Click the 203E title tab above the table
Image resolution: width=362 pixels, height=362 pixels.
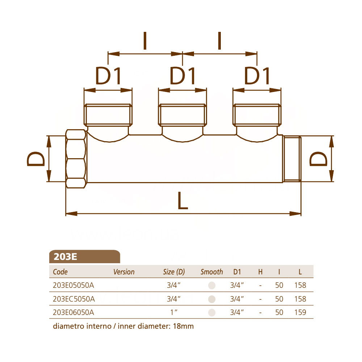tap(84, 257)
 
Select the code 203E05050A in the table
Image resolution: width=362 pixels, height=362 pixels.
tap(73, 285)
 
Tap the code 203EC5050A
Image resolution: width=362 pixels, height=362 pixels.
tap(74, 299)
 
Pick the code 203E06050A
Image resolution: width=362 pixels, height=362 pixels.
tap(73, 312)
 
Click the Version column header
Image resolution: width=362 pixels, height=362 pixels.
tap(124, 272)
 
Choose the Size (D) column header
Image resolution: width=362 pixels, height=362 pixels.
tap(174, 272)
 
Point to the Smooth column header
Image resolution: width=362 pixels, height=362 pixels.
tap(212, 272)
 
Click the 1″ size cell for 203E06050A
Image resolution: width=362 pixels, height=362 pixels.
tap(174, 312)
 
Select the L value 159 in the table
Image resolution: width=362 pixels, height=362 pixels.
tap(300, 312)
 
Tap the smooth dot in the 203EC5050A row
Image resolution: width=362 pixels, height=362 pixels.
tap(212, 299)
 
